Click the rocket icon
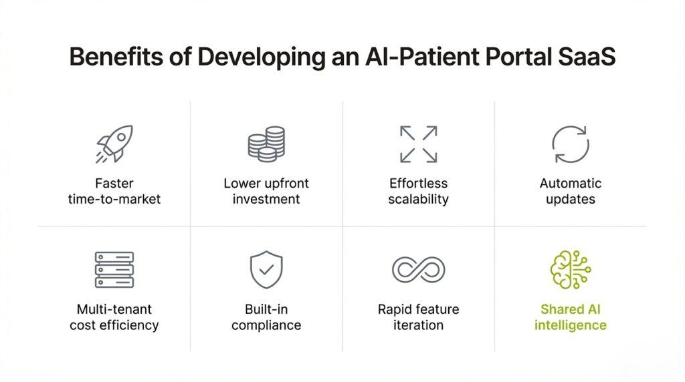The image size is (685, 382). coord(114,144)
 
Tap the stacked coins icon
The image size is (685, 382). coord(266,144)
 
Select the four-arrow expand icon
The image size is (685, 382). coord(418,144)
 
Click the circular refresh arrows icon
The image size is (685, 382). coord(570,144)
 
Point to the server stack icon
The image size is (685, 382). coord(114,269)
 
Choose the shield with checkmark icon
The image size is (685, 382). coord(266,269)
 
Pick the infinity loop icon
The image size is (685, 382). coord(418,269)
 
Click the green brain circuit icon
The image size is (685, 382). coord(570,269)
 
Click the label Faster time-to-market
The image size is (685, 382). coord(114,191)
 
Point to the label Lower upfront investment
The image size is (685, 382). coord(266,191)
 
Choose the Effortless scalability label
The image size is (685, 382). coord(418,191)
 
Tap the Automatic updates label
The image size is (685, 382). coord(571,191)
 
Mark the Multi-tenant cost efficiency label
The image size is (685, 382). coord(114,317)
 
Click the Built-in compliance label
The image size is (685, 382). coord(266,317)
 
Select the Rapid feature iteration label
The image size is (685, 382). coord(418,317)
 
